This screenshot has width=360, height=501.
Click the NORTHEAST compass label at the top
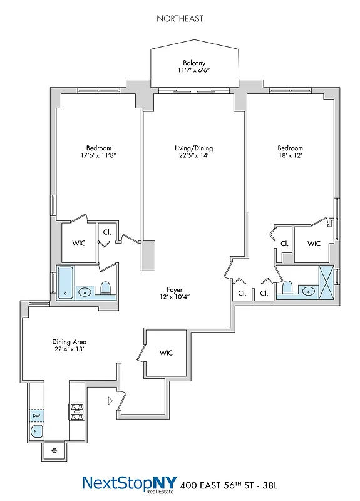pos(180,19)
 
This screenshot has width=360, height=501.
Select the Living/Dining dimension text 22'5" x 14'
pos(193,156)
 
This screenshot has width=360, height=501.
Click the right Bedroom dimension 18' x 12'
pos(291,156)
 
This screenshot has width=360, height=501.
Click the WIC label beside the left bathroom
pos(79,242)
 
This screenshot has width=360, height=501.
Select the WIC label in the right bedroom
pos(314,243)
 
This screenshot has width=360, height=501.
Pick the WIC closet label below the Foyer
pos(166,353)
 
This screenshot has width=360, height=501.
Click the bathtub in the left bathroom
pos(65,282)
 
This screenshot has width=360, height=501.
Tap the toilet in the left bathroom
pos(105,288)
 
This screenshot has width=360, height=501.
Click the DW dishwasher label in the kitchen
pos(36,416)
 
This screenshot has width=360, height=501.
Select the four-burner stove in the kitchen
pos(76,411)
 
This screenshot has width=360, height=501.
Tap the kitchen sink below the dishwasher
pos(36,431)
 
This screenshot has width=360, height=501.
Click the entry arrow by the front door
pos(111,401)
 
